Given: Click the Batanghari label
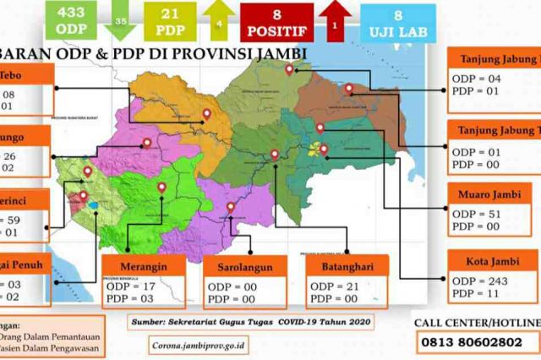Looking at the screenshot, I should [342, 267].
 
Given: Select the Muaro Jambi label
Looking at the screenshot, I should [491, 194].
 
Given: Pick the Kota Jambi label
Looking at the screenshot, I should [491, 259].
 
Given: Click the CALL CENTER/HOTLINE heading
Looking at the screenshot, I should [476, 323].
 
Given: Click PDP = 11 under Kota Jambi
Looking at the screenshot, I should [475, 293].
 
